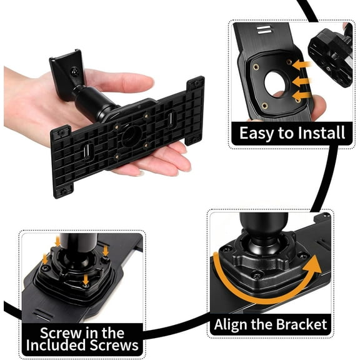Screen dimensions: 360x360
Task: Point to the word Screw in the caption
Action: [x=57, y=332]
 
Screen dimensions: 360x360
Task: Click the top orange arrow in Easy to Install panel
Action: [x=303, y=64]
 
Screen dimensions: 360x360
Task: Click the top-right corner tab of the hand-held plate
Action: [x=196, y=84]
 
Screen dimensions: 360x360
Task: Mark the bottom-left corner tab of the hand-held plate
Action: [x=63, y=188]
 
